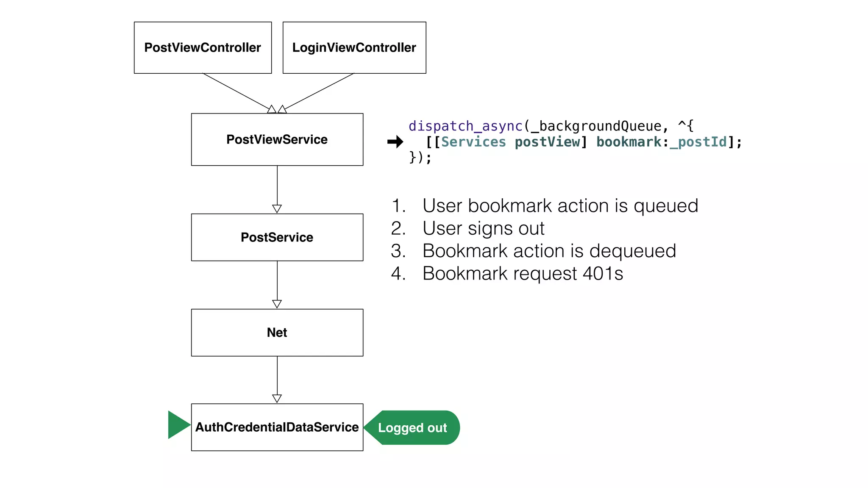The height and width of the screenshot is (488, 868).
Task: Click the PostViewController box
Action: [203, 47]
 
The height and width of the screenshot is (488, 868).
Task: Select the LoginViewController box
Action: [354, 47]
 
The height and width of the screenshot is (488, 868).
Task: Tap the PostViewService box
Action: [277, 139]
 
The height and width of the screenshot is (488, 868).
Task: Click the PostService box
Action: [277, 237]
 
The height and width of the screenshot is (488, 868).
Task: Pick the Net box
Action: [277, 333]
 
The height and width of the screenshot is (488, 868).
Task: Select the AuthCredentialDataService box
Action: [277, 427]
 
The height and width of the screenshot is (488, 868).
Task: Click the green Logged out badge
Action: [412, 427]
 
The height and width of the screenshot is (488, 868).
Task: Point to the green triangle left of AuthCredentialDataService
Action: [178, 424]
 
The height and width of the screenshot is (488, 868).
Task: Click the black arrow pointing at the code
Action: [395, 142]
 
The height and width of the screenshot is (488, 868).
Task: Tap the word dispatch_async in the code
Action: [465, 126]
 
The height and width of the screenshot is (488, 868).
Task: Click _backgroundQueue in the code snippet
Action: [596, 126]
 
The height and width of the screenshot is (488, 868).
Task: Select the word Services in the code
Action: [473, 142]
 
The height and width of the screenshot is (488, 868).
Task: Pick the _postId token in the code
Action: [698, 142]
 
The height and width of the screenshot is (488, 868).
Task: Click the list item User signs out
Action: [483, 228]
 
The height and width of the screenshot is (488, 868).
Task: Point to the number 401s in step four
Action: [603, 274]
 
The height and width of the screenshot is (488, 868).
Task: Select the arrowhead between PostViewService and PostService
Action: [277, 208]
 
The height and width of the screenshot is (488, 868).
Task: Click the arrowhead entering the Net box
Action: [277, 304]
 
